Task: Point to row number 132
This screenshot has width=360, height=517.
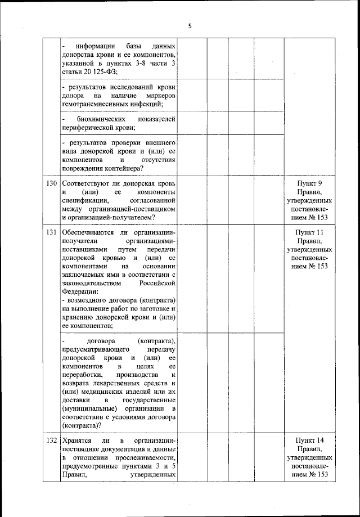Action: point(52,439)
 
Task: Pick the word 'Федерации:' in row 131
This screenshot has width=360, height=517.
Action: point(80,292)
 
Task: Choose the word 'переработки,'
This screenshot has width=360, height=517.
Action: point(83,375)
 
